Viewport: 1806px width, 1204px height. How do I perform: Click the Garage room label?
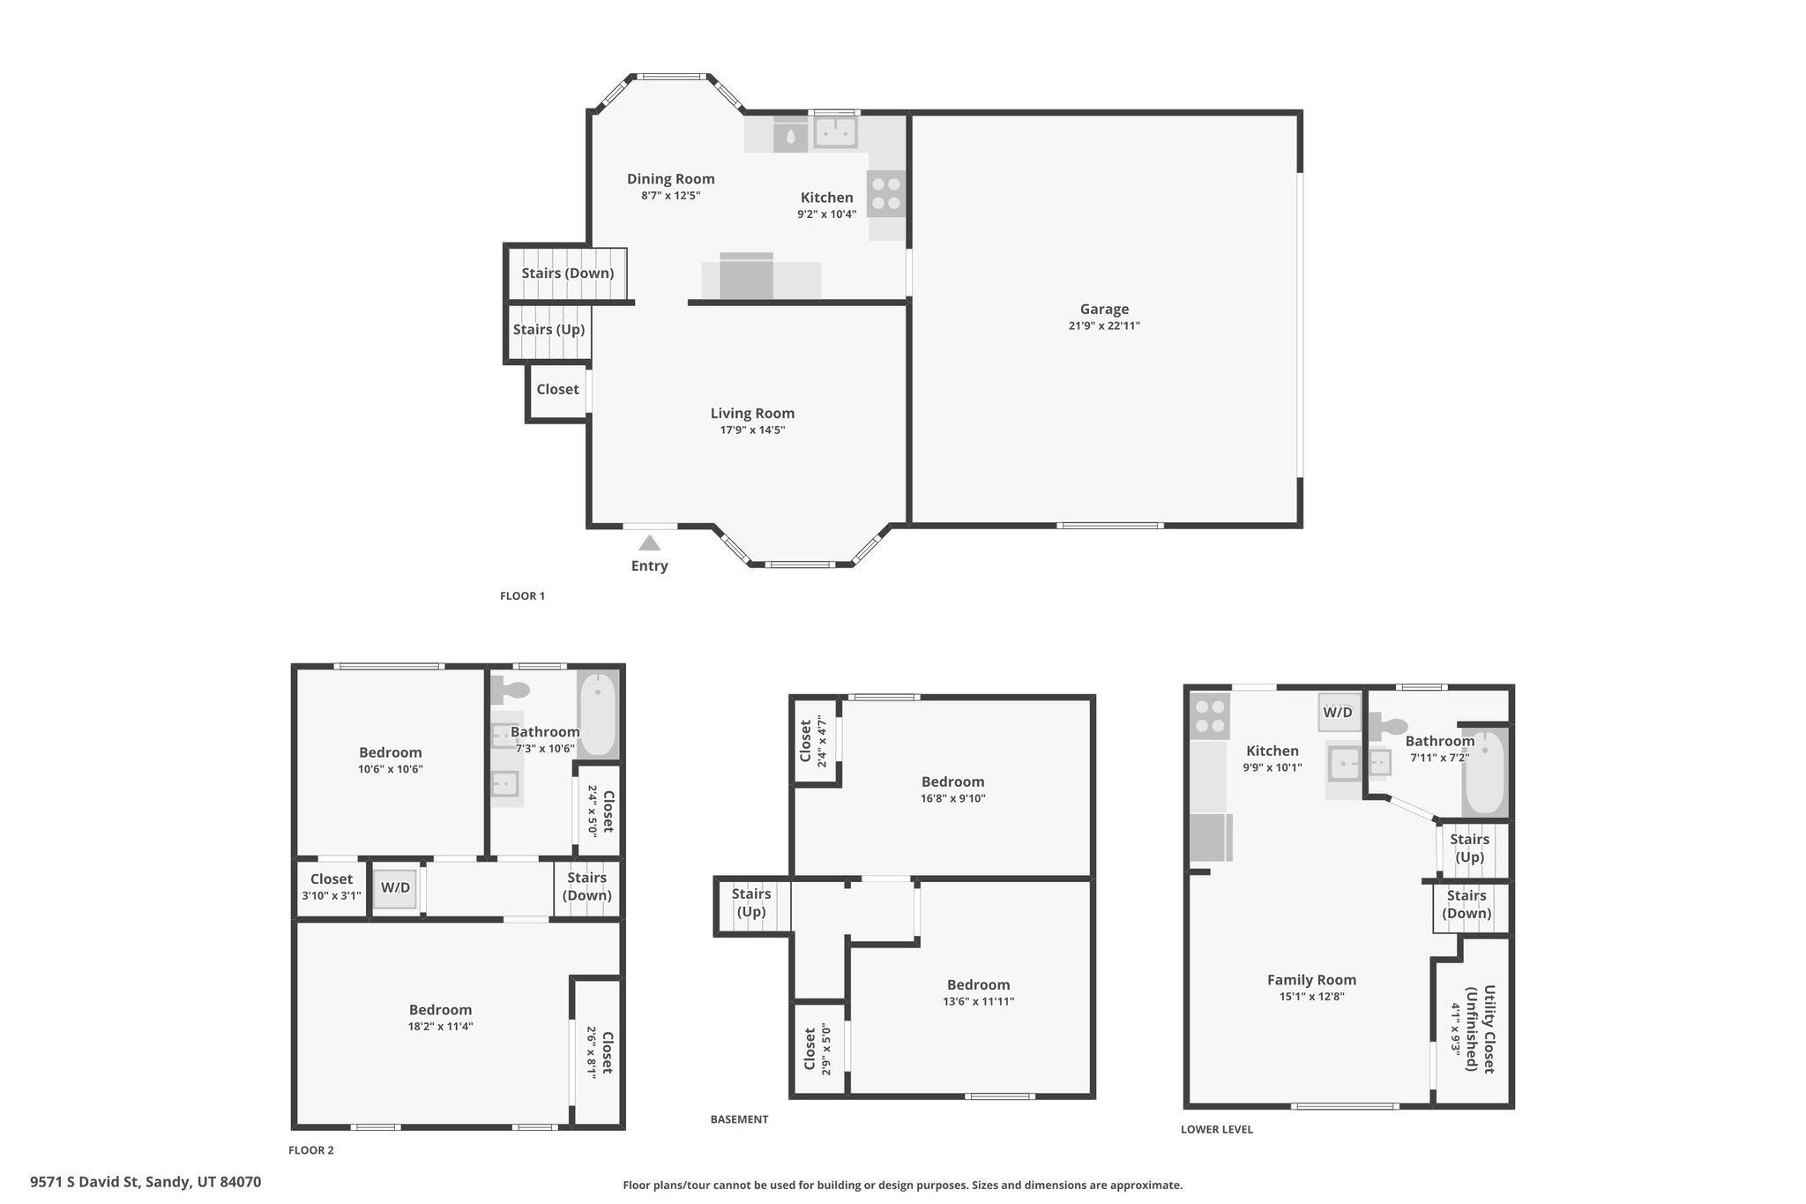[1104, 309]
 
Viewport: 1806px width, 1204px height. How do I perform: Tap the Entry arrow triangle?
[649, 542]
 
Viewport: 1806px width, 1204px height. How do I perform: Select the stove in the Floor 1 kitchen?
[886, 194]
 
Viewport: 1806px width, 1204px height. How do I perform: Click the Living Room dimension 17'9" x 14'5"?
[752, 430]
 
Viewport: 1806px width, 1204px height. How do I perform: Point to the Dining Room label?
[670, 179]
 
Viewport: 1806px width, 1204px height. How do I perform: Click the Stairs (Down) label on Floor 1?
[567, 273]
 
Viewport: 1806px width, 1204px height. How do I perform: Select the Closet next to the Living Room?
[557, 390]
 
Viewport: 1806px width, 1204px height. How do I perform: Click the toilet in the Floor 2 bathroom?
[510, 689]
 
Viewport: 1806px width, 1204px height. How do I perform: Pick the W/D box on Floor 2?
[394, 888]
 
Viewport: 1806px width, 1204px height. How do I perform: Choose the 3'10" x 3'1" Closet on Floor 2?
[331, 886]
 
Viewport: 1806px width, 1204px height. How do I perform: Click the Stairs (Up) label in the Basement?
[750, 903]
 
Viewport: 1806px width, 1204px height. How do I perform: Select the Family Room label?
[1311, 980]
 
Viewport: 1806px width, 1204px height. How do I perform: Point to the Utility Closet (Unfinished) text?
[1480, 1028]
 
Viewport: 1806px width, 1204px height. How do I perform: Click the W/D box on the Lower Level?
[1337, 713]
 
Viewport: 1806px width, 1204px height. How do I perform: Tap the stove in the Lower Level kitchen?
[1210, 716]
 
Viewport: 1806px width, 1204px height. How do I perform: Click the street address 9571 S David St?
[146, 1182]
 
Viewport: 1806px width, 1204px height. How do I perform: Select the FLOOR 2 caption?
[311, 1150]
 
